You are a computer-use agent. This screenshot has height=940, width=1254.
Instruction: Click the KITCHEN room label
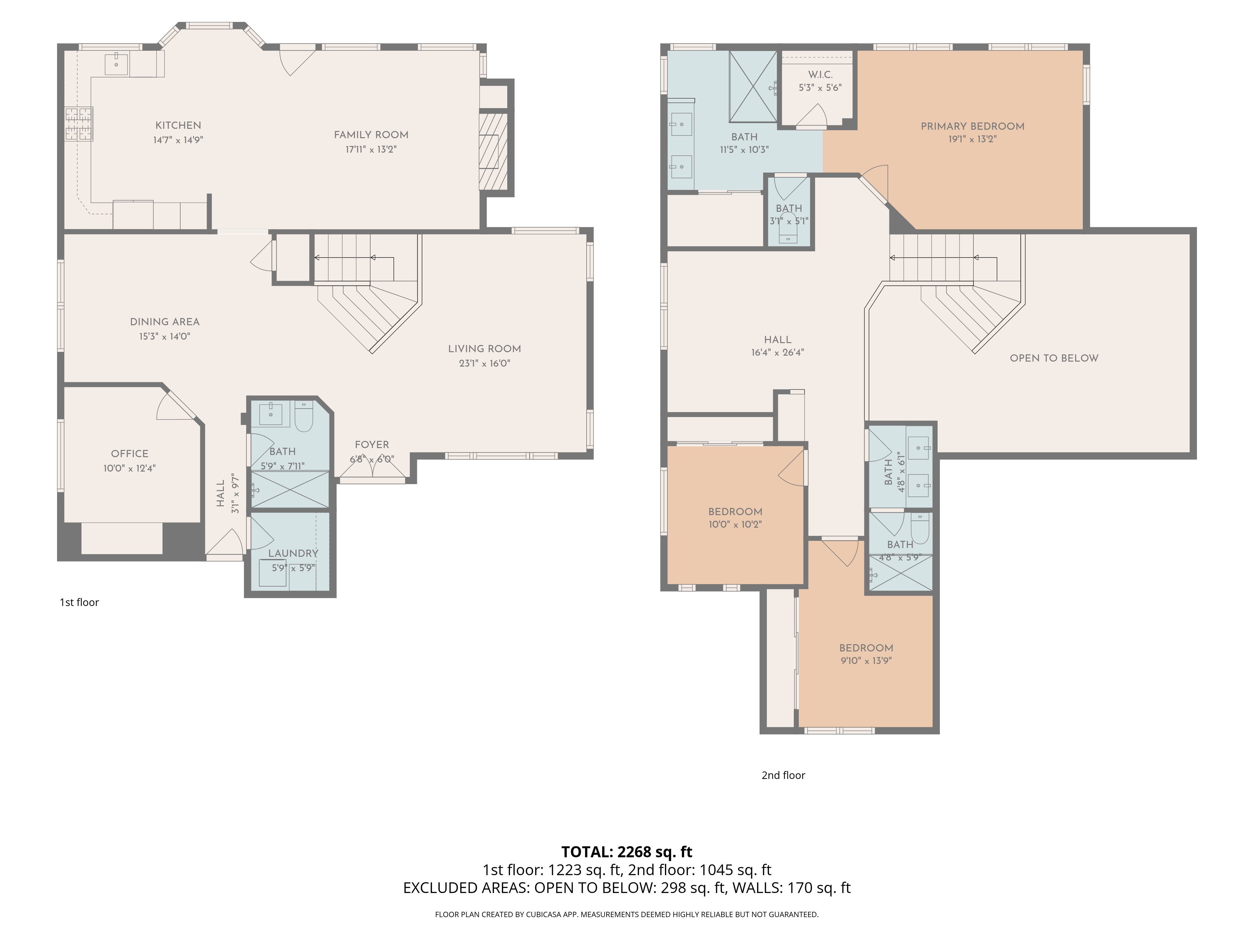click(x=178, y=125)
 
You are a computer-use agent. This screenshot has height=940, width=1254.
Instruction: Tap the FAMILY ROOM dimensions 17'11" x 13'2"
click(x=371, y=149)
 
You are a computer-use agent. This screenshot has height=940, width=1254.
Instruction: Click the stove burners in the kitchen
click(x=78, y=123)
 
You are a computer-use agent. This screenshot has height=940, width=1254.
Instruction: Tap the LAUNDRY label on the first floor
click(x=293, y=553)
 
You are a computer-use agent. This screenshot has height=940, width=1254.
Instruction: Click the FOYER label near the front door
click(x=372, y=445)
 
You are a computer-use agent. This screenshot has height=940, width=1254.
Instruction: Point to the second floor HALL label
click(x=777, y=339)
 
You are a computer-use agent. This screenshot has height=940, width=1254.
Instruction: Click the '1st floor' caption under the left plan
click(x=79, y=602)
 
